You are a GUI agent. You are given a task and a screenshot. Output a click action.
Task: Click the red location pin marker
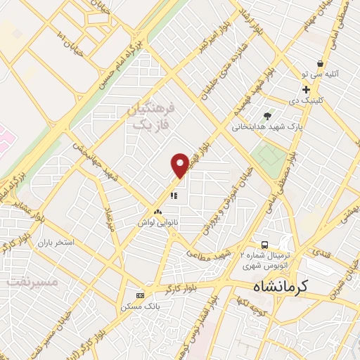click(180, 164)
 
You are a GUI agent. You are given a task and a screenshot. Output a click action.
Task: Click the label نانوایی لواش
click(156, 221)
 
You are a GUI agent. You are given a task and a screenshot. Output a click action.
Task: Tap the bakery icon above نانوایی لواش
click(157, 212)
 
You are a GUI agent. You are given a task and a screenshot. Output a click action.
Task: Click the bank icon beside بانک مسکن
click(140, 295)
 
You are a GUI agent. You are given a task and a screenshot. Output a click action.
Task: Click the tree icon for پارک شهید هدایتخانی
click(266, 116)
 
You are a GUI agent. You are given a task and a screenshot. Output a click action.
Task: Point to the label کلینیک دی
click(308, 100)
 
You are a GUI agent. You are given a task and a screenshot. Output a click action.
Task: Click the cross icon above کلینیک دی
click(306, 90)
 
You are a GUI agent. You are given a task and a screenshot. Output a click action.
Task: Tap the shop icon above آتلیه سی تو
click(320, 63)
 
